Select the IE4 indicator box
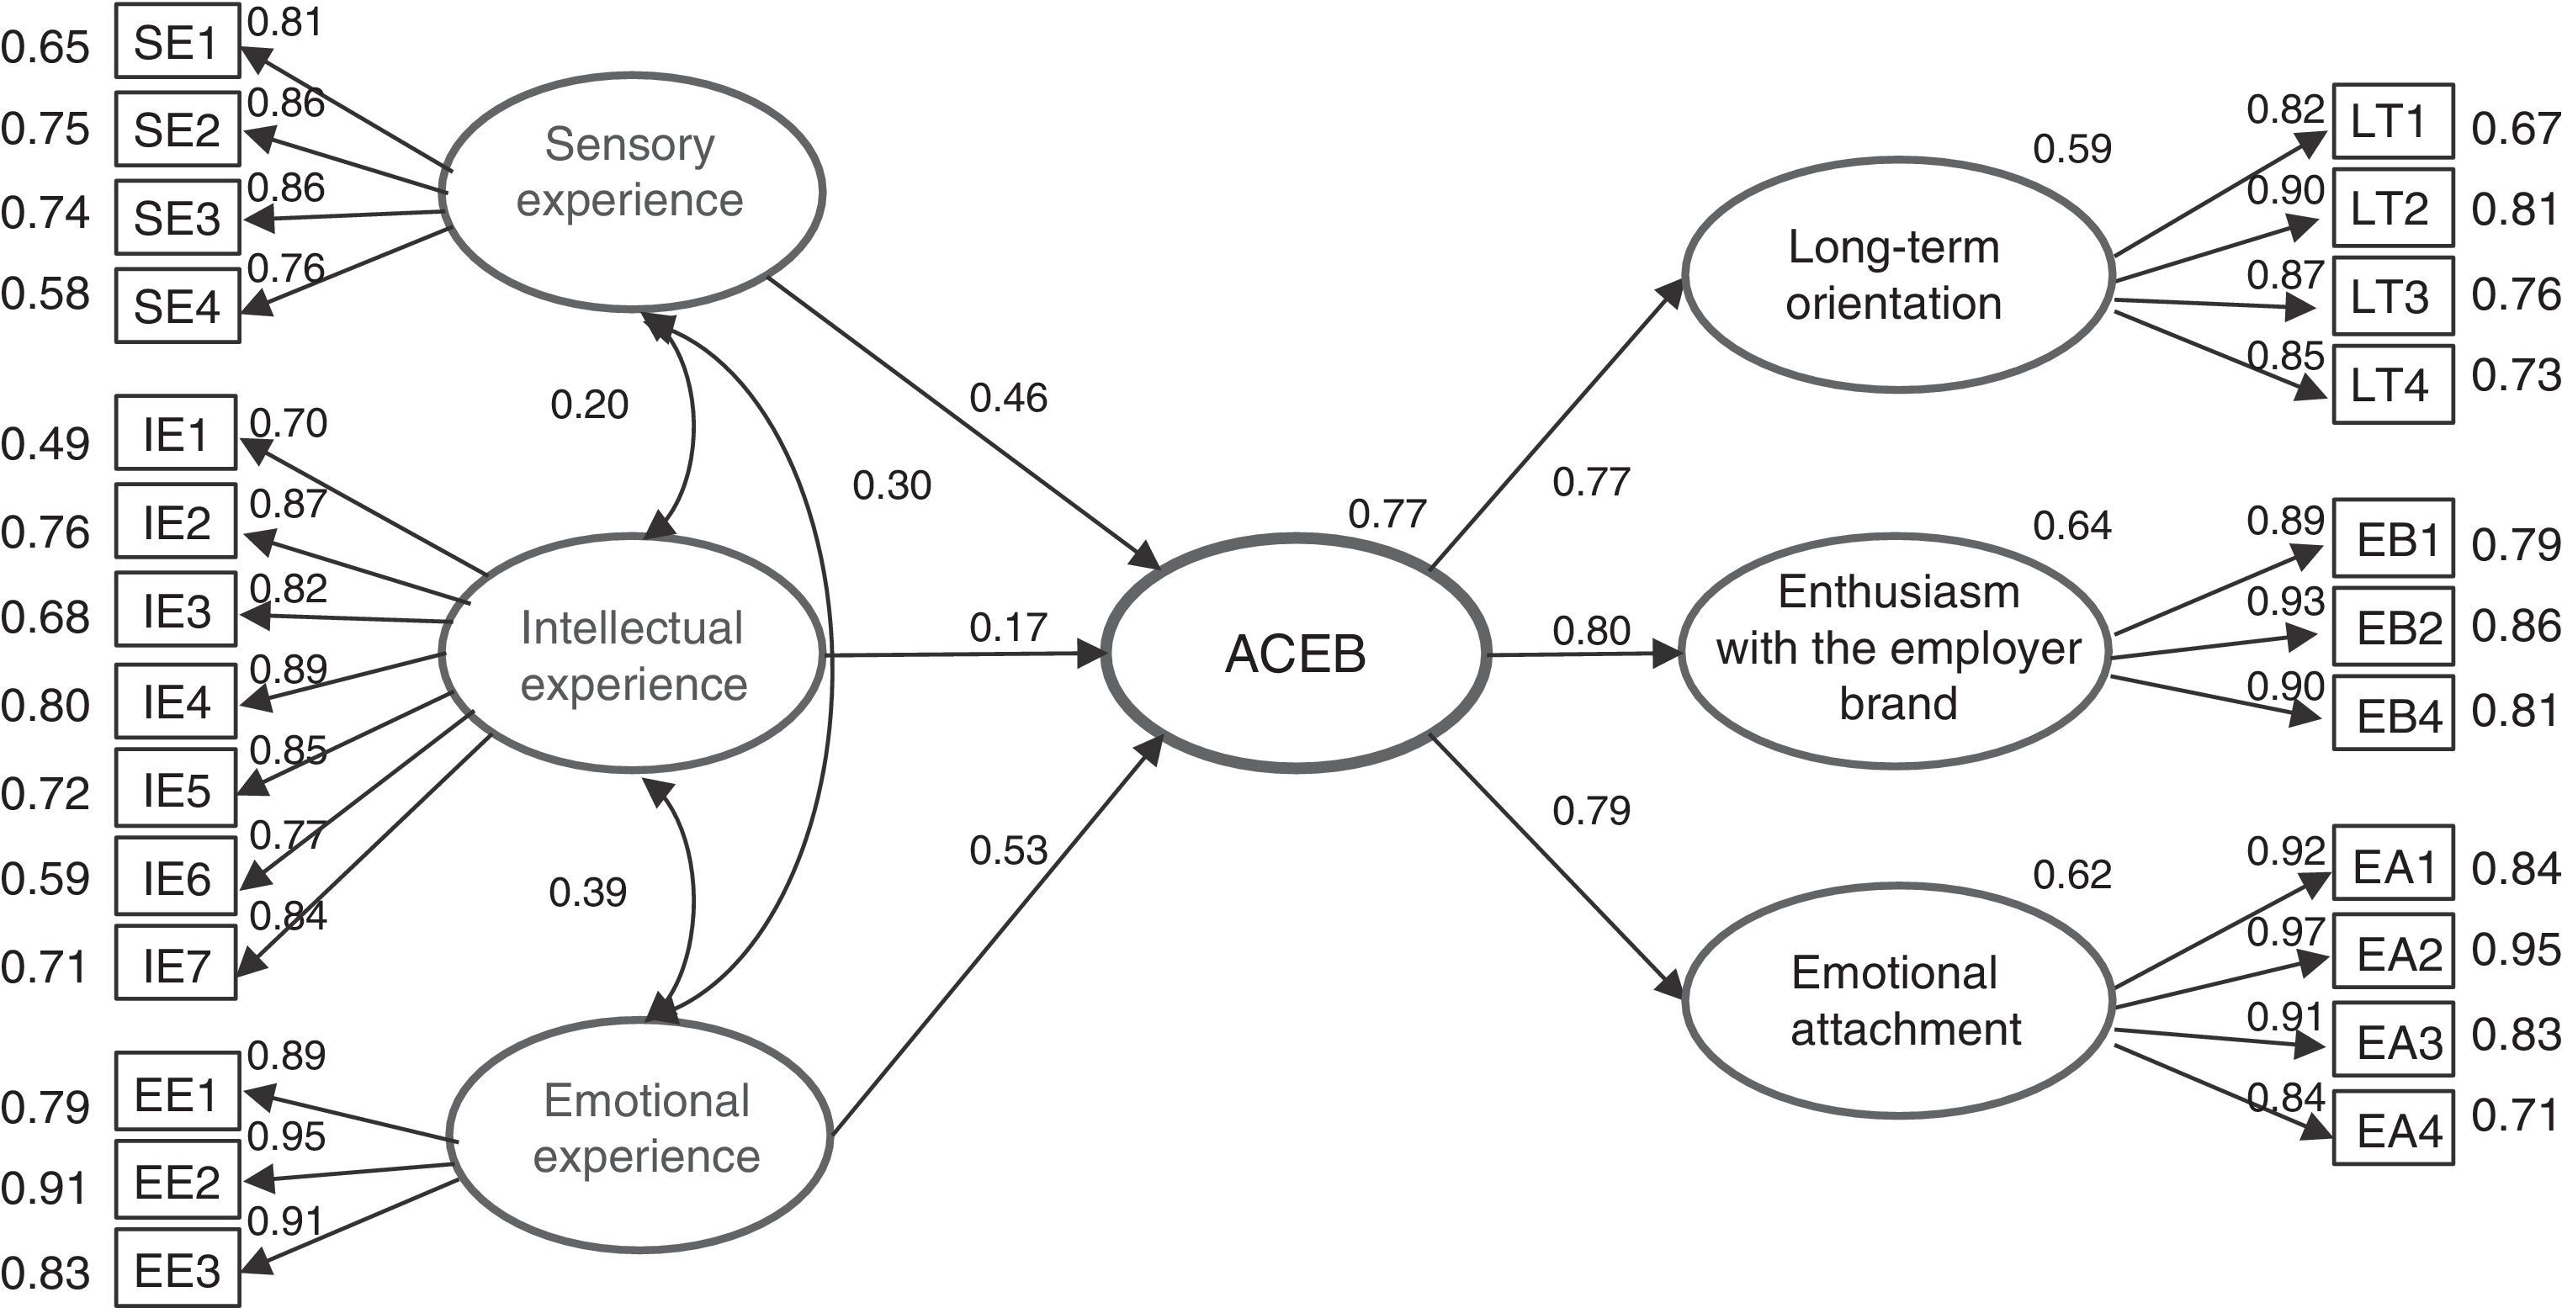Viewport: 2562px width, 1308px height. tap(176, 702)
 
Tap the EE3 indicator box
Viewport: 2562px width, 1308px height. tap(177, 1270)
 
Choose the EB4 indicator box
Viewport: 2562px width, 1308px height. tap(2392, 714)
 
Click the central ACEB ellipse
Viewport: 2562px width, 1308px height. tap(1296, 654)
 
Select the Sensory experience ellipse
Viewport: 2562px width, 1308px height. tap(632, 192)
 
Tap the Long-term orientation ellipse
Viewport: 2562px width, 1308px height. tap(1896, 274)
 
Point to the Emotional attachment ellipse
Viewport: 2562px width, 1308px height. tap(1896, 999)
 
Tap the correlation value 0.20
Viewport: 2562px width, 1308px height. tap(590, 405)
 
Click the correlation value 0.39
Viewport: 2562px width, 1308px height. tap(588, 892)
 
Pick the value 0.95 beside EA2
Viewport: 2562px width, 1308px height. tap(2515, 950)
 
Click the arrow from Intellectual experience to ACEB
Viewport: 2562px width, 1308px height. tap(965, 655)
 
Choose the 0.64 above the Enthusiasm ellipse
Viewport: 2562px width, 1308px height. tap(2071, 525)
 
